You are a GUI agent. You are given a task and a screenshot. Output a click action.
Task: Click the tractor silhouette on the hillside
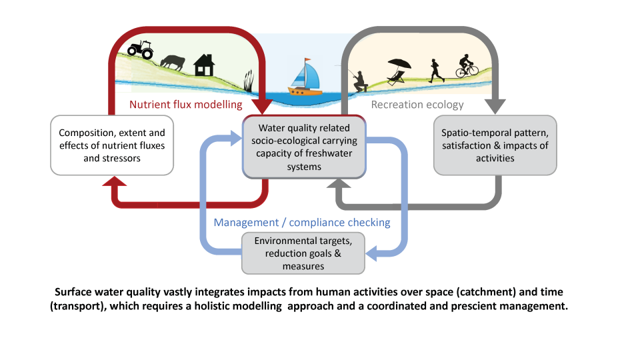pyautogui.click(x=141, y=49)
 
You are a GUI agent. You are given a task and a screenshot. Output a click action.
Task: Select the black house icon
pyautogui.click(x=204, y=65)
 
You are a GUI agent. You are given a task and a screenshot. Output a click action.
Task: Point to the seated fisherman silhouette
pyautogui.click(x=359, y=81)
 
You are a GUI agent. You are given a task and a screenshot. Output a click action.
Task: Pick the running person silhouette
pyautogui.click(x=436, y=71)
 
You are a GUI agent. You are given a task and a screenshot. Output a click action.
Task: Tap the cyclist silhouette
pyautogui.click(x=467, y=66)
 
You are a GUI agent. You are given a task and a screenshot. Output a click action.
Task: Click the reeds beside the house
pyautogui.click(x=249, y=81)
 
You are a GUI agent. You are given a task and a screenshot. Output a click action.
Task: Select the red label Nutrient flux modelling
pyautogui.click(x=186, y=105)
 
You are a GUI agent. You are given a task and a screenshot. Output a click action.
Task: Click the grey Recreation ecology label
pyautogui.click(x=417, y=105)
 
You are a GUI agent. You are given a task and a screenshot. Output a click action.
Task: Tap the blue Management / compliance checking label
pyautogui.click(x=302, y=223)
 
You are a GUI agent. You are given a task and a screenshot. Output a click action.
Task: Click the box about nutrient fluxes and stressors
pyautogui.click(x=112, y=145)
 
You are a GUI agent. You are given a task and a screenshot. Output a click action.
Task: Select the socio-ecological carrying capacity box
pyautogui.click(x=304, y=147)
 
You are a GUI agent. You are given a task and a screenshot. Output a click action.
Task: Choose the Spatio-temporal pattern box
pyautogui.click(x=495, y=145)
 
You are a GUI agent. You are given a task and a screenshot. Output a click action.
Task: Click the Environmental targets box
pyautogui.click(x=303, y=253)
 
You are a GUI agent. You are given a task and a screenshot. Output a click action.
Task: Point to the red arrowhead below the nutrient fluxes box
pyautogui.click(x=114, y=181)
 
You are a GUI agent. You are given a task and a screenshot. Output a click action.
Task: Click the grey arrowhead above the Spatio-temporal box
pyautogui.click(x=495, y=107)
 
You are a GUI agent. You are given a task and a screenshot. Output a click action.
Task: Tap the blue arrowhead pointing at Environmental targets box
pyautogui.click(x=371, y=253)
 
